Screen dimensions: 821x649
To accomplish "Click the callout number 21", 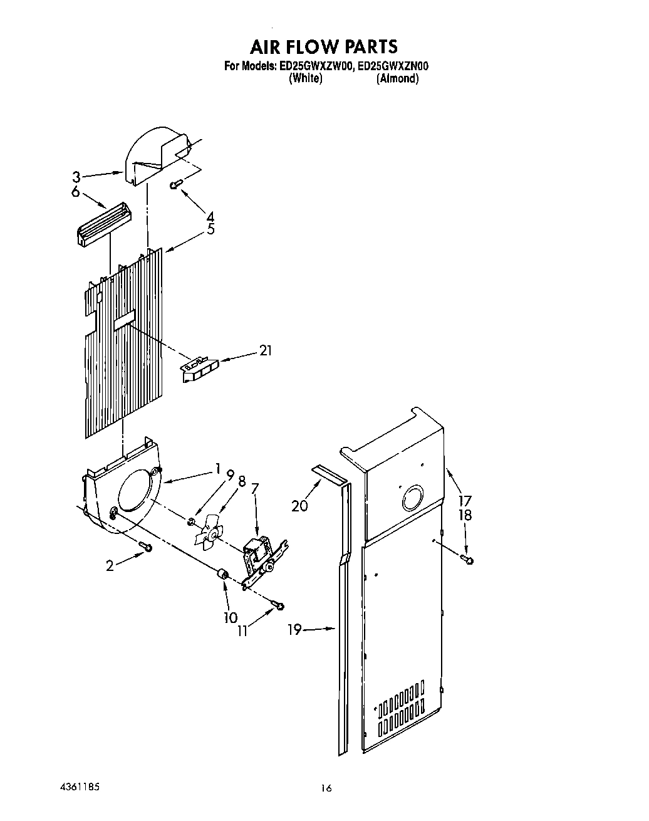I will click(x=265, y=352).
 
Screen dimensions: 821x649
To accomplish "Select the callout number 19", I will click(x=295, y=629).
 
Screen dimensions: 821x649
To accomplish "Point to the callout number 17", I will click(x=464, y=501).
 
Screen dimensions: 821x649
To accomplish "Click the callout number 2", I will click(x=110, y=566).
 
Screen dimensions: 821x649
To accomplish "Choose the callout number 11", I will click(x=242, y=631).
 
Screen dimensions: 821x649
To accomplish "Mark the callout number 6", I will click(x=76, y=192).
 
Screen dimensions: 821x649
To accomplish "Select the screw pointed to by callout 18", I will click(x=467, y=558).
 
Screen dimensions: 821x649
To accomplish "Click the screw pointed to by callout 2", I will click(x=146, y=547).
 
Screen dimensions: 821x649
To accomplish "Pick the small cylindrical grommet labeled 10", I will click(x=221, y=574).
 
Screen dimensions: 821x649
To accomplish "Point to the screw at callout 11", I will click(x=278, y=605).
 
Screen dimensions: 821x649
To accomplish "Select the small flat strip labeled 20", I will click(x=330, y=475).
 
